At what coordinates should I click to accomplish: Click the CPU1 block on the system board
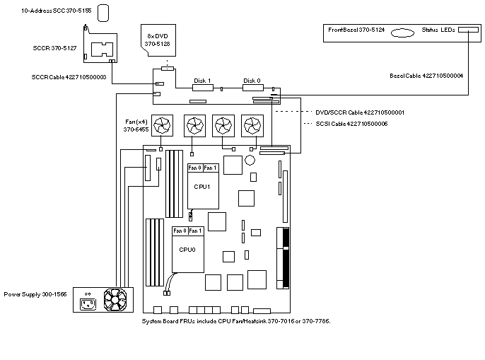[x=203, y=190]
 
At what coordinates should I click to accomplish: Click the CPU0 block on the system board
[x=187, y=252]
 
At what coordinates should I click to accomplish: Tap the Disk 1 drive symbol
[x=203, y=88]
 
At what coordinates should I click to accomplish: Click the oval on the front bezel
[x=402, y=32]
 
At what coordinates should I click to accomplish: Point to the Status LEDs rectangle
[x=468, y=30]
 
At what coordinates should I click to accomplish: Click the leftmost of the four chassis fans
[x=163, y=125]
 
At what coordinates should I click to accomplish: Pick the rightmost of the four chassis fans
[x=251, y=125]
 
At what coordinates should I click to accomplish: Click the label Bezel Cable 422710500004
[x=426, y=76]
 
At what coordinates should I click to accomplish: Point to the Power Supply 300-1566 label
[x=35, y=294]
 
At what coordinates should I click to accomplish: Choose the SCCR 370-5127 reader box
[x=103, y=49]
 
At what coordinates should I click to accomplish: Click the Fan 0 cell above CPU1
[x=195, y=168]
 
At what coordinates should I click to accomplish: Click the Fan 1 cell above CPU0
[x=196, y=231]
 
